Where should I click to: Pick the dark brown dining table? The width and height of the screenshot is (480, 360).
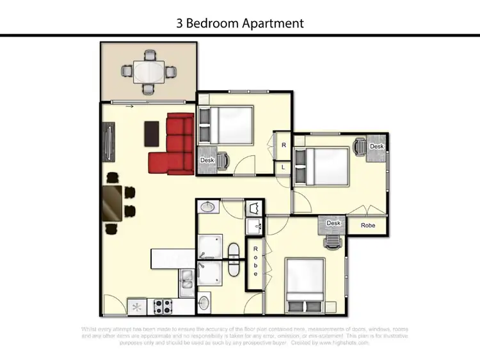click(x=111, y=203)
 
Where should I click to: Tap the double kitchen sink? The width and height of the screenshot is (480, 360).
click(x=188, y=279)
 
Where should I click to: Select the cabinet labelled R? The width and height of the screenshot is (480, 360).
click(x=284, y=145)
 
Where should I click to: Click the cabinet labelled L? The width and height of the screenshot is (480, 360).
click(x=284, y=167)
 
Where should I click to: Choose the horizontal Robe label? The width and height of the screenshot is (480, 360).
click(x=368, y=226)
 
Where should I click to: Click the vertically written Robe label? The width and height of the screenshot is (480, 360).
click(x=255, y=262)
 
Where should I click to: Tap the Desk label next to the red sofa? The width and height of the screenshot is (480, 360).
click(x=207, y=160)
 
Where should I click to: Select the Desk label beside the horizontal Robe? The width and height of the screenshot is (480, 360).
click(x=333, y=223)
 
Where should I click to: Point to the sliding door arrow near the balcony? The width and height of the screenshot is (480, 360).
click(x=131, y=107)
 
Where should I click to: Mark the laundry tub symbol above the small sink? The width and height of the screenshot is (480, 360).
click(x=253, y=208)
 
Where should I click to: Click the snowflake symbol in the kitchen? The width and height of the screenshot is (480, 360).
click(x=136, y=307)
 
